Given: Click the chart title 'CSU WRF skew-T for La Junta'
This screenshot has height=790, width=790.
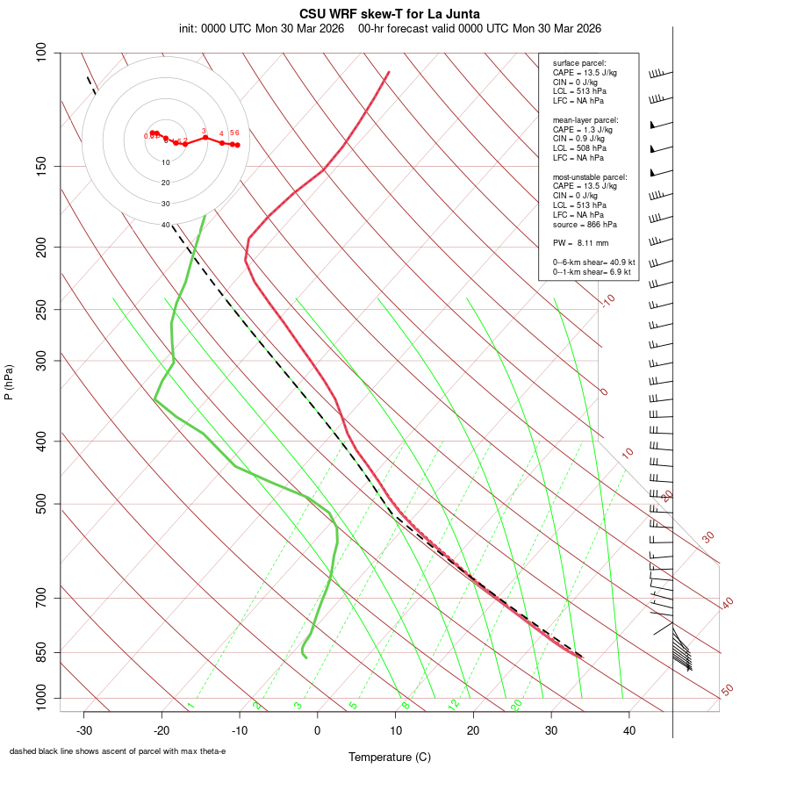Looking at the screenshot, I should (390, 14).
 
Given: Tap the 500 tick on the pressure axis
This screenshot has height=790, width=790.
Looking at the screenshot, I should (41, 504).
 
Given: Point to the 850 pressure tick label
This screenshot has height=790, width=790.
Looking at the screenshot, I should (41, 652).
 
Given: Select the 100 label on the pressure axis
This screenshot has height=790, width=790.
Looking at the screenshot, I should (41, 53).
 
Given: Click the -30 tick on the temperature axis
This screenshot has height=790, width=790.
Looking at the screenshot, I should (84, 730).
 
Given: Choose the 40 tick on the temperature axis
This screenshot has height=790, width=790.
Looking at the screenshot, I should (629, 730).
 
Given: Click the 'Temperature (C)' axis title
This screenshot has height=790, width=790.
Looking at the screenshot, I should (390, 757).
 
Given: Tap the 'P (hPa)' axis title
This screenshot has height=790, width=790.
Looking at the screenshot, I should (9, 382).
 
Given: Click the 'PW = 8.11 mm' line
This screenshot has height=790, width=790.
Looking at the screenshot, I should (580, 242).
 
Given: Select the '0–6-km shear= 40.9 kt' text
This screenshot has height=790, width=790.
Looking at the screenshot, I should (593, 262).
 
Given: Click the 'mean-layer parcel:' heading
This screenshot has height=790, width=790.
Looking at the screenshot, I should (585, 119).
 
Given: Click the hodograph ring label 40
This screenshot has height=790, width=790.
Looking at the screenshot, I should (166, 225).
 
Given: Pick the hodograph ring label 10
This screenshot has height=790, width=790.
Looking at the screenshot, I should (166, 162).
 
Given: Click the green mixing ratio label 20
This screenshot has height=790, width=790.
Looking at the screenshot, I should (516, 705).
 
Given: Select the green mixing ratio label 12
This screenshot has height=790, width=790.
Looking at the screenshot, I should (454, 705).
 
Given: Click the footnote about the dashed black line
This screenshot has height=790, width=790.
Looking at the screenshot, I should (118, 751).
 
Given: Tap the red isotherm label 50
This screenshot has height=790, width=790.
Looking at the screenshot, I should (727, 691).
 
